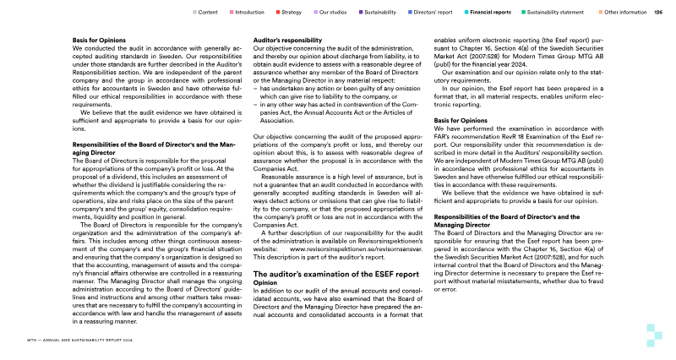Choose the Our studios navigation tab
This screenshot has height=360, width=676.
tap(339, 13)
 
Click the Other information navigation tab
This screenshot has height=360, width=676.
tap(626, 13)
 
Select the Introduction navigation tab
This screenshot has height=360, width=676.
tap(249, 13)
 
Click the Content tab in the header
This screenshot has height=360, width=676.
tap(207, 13)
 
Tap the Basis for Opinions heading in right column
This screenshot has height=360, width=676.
tap(461, 121)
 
